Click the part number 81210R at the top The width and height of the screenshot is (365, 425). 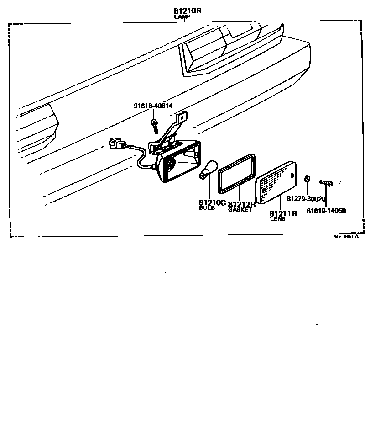coord(187,11)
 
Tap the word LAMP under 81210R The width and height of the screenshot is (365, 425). coord(182,17)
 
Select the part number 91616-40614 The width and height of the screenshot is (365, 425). coord(153,106)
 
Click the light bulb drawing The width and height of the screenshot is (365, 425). coord(207,169)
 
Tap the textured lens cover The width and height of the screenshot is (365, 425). coord(276,182)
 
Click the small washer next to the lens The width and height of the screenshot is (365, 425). coord(307,179)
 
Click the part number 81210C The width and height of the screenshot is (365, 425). coord(212,202)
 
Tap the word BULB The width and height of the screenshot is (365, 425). coord(207,208)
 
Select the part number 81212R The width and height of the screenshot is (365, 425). coord(241,204)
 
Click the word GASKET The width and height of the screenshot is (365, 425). coord(240,210)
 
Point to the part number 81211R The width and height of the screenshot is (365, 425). coord(283,213)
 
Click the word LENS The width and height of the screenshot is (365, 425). coord(277,219)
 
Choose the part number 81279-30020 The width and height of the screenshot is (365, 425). coord(306,199)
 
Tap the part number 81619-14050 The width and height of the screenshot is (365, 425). coord(326,211)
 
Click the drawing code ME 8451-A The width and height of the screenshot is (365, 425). coord(346,236)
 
